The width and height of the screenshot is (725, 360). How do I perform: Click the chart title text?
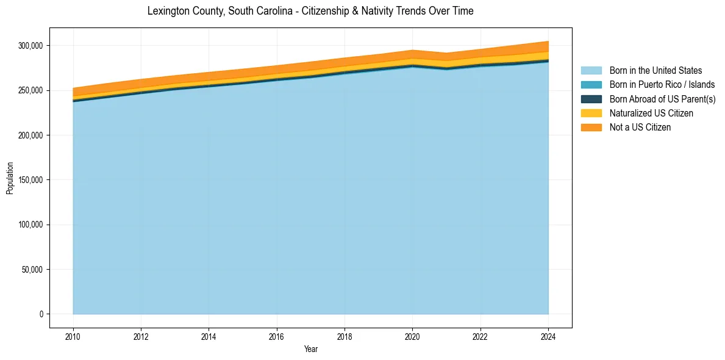[310, 11]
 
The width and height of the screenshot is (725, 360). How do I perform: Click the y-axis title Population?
[10, 178]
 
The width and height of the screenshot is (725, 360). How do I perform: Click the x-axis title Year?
[310, 349]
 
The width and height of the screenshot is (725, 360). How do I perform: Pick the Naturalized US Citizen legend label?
[651, 113]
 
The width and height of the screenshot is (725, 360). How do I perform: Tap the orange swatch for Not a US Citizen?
[591, 128]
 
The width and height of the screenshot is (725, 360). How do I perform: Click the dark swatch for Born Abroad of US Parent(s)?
[591, 99]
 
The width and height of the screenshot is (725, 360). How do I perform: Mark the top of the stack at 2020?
[413, 51]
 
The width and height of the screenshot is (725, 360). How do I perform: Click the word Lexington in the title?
[167, 11]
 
